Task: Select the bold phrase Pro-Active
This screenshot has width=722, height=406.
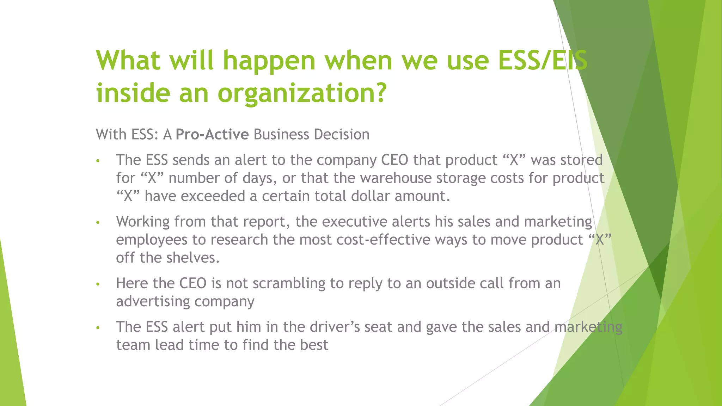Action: coord(212,135)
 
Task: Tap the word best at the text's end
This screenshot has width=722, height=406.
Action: coord(314,345)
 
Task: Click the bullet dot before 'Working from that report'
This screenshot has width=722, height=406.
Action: coord(98,222)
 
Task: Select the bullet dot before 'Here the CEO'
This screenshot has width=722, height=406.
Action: coord(98,284)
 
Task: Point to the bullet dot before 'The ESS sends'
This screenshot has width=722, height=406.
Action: coord(98,161)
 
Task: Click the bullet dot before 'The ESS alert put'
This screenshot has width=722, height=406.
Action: coord(98,328)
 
